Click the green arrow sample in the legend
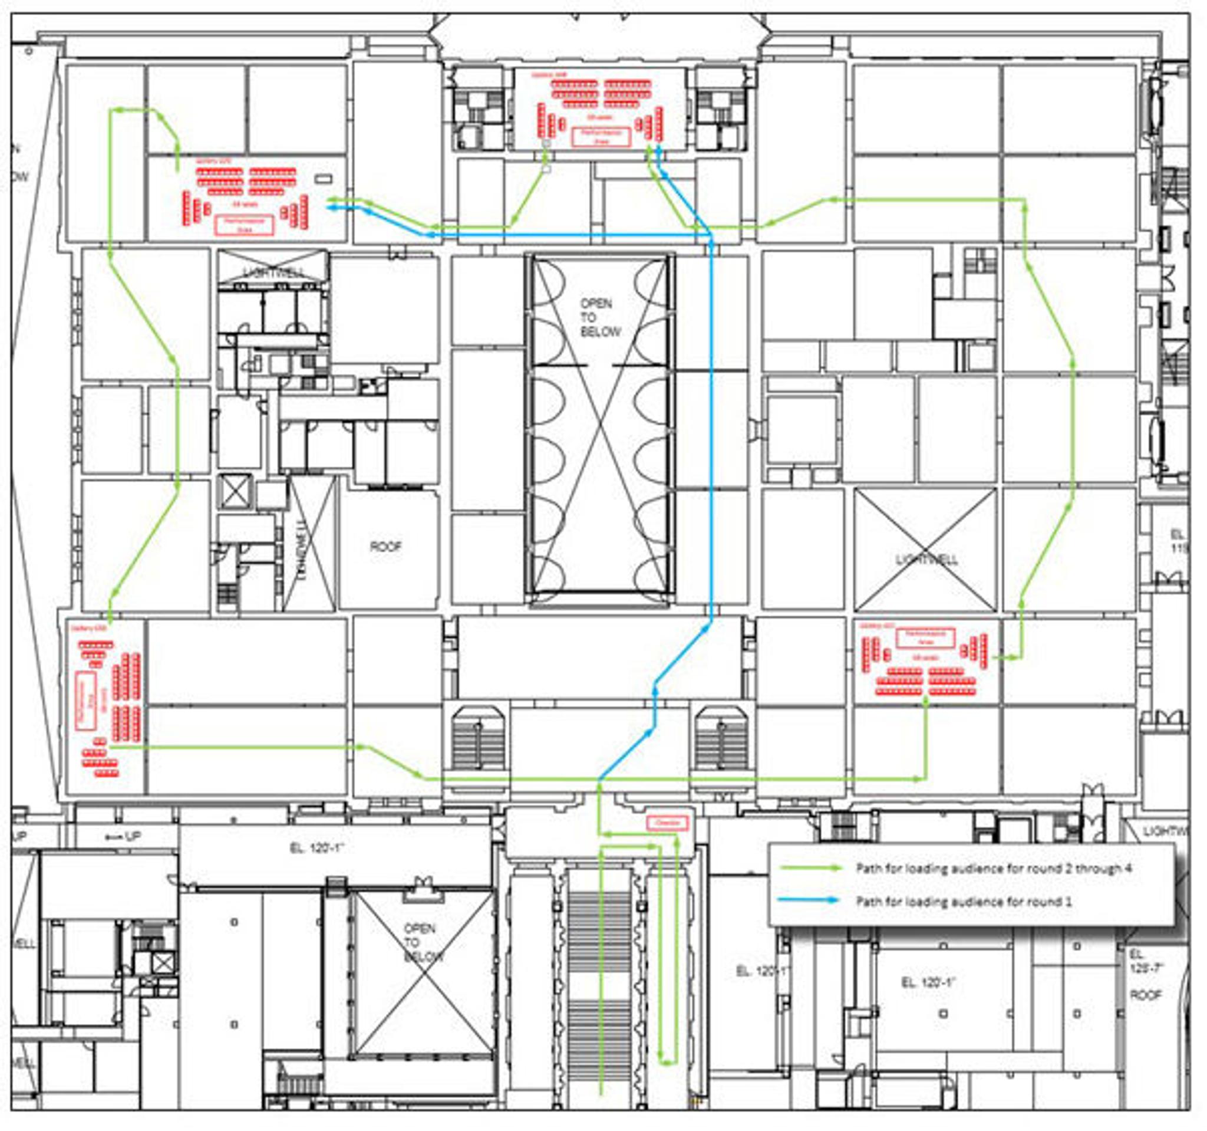tap(810, 868)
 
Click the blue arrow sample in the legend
tap(810, 901)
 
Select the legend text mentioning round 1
tap(963, 902)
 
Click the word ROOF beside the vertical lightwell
tap(385, 547)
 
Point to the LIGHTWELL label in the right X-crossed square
tap(926, 559)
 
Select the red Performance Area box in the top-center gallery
tap(601, 137)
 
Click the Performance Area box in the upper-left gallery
tap(245, 225)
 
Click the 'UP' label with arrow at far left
tap(123, 836)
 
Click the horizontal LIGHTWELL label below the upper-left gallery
tap(274, 273)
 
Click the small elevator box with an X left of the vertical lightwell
tap(235, 491)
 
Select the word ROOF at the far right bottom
tap(1145, 995)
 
